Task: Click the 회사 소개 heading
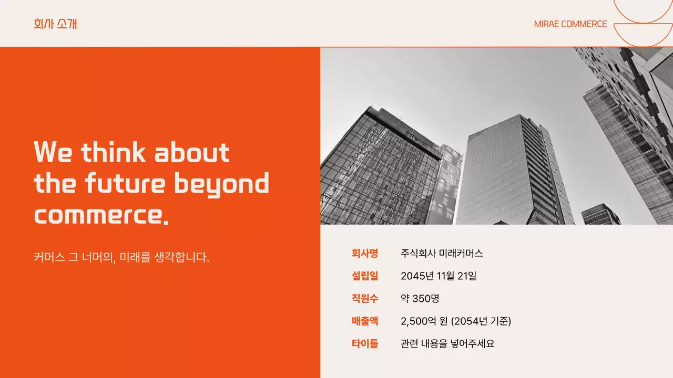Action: tap(55, 24)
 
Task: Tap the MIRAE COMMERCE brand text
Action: tap(570, 24)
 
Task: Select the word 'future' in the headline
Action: tap(125, 184)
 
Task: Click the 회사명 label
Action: tap(365, 254)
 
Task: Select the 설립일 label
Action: tap(365, 276)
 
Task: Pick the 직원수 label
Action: tap(365, 299)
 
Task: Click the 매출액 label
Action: tap(365, 321)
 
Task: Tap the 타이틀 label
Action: tap(365, 344)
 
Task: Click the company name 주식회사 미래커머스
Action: tap(442, 254)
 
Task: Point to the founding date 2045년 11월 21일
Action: tap(439, 276)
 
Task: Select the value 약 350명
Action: tap(420, 299)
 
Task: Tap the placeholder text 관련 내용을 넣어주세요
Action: tap(447, 344)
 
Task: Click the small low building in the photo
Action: tap(600, 215)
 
